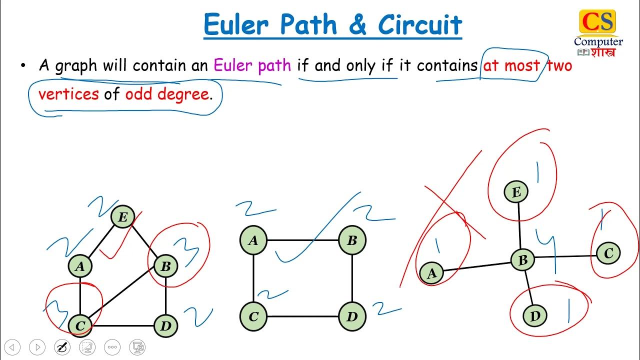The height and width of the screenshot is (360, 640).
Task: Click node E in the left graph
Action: click(122, 217)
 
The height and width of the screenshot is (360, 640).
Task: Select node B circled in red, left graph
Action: click(165, 266)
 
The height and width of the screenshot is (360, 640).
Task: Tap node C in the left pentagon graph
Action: click(80, 326)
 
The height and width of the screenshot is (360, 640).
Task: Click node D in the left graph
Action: click(165, 326)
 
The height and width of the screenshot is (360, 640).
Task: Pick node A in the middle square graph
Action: click(253, 240)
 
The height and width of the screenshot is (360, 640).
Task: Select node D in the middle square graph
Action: click(352, 316)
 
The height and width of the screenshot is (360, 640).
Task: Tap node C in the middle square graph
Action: click(253, 316)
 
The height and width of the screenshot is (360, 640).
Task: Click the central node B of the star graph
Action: click(523, 259)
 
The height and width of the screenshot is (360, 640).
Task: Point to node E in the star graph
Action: click(516, 192)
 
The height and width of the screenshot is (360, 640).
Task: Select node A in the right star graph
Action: click(431, 273)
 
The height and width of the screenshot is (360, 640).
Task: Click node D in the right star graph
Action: click(535, 316)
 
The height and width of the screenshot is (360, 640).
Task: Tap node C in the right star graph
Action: click(608, 253)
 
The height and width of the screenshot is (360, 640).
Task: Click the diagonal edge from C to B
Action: click(122, 296)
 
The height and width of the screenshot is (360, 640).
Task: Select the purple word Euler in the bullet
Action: click(233, 65)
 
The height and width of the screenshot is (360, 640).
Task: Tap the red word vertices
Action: click(68, 94)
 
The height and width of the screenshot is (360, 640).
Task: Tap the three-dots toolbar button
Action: click(112, 347)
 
